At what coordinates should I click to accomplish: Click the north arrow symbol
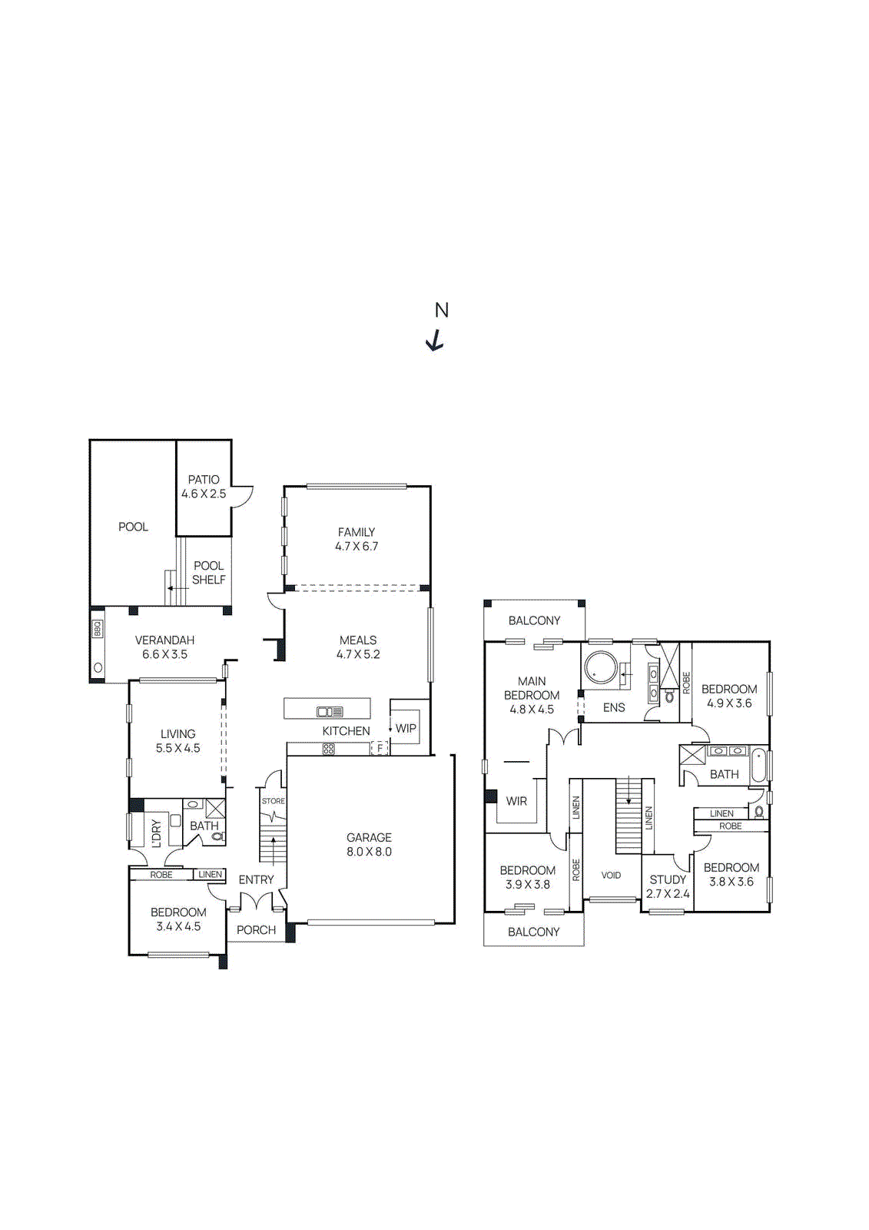click(436, 340)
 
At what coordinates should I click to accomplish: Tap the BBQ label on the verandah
click(98, 629)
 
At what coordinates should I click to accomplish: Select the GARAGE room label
click(369, 844)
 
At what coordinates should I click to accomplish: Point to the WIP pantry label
click(406, 728)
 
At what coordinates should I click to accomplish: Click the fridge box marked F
click(380, 748)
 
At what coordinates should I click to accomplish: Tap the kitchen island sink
click(330, 711)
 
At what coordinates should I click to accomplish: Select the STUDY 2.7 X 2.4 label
click(668, 886)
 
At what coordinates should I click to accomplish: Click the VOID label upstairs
click(611, 875)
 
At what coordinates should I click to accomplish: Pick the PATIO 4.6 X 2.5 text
click(204, 487)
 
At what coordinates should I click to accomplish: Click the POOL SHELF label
click(208, 573)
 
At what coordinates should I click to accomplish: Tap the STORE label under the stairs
click(273, 801)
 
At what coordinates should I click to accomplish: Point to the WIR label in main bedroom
click(516, 801)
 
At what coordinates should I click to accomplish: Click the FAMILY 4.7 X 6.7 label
click(357, 539)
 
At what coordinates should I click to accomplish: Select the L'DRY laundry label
click(157, 833)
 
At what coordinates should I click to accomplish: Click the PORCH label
click(256, 929)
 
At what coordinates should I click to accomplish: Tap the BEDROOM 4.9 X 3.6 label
click(729, 696)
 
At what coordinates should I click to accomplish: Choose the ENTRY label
click(256, 879)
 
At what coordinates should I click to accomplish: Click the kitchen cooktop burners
click(329, 748)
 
